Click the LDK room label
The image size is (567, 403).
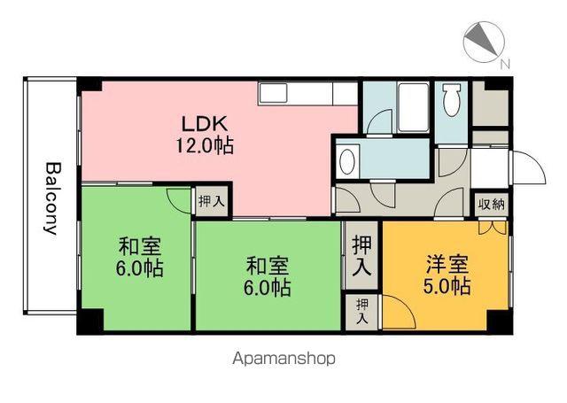click(x=205, y=124)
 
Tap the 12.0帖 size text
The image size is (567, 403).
click(x=205, y=145)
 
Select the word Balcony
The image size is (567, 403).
click(x=51, y=198)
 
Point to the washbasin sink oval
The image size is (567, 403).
click(x=347, y=161)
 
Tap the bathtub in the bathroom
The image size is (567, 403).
click(x=414, y=107)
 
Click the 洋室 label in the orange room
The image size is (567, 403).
click(x=447, y=265)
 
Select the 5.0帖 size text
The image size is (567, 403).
click(x=447, y=286)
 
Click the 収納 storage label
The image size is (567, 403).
click(x=491, y=205)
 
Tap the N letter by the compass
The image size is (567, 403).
click(x=505, y=65)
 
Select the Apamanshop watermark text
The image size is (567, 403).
click(x=283, y=359)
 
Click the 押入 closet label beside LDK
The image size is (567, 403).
click(x=212, y=201)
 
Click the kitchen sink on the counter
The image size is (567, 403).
click(x=273, y=93)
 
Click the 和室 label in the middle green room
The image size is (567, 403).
click(x=268, y=266)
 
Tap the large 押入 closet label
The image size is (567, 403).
click(x=361, y=256)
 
